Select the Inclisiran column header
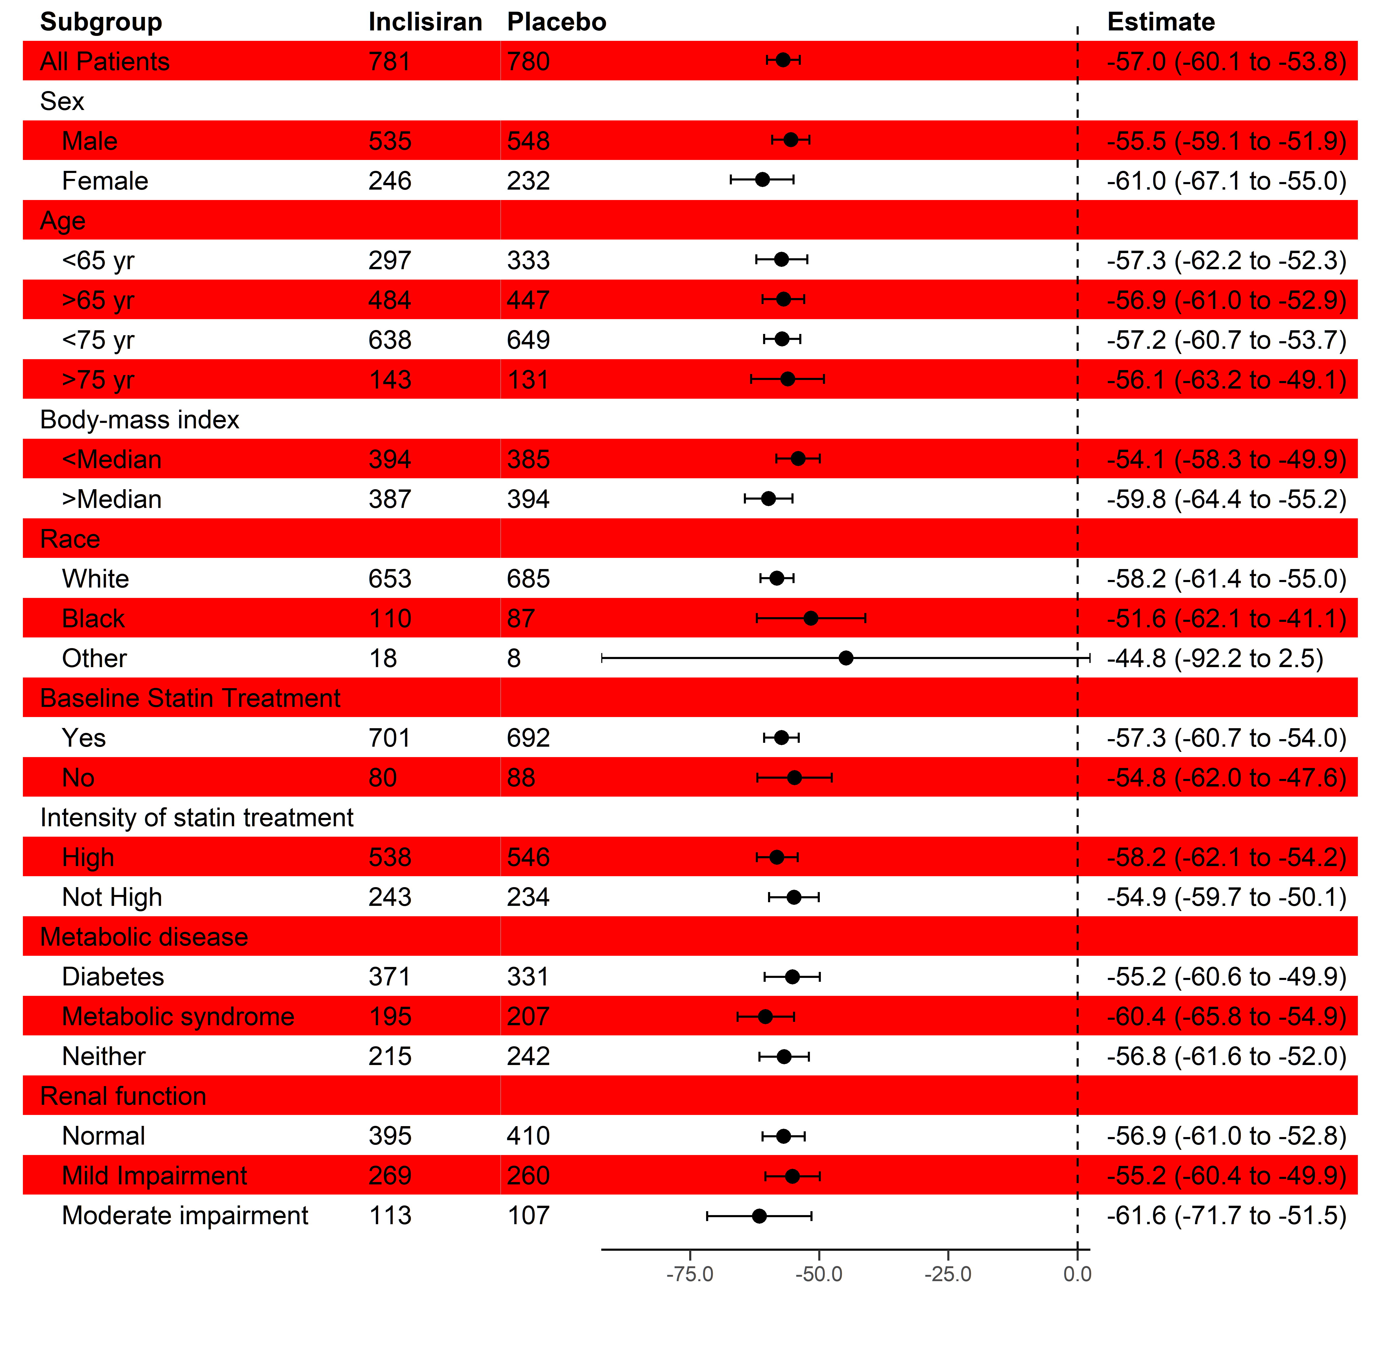pyautogui.click(x=425, y=22)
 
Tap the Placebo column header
pyautogui.click(x=556, y=22)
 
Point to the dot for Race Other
pyautogui.click(x=846, y=658)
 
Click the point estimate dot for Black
pyautogui.click(x=810, y=618)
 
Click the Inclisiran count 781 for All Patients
pyautogui.click(x=389, y=62)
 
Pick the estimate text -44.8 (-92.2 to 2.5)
pyautogui.click(x=1214, y=658)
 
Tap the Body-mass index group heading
pyautogui.click(x=139, y=420)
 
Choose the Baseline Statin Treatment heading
pyautogui.click(x=190, y=698)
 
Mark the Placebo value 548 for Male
pyautogui.click(x=528, y=141)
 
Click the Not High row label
pyautogui.click(x=112, y=898)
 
